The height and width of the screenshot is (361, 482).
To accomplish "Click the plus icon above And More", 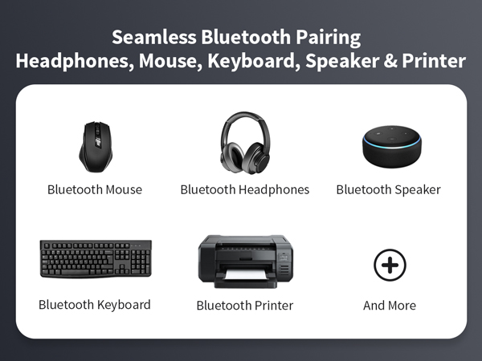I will click(x=390, y=264).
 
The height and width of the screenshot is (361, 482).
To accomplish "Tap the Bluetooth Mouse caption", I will click(x=95, y=190).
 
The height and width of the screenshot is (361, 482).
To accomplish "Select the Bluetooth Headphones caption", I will click(x=244, y=190).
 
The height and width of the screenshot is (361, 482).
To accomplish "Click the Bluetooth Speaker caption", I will click(x=389, y=190).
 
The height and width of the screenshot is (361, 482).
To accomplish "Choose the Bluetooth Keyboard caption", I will click(x=95, y=305).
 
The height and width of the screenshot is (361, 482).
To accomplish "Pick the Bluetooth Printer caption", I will click(x=245, y=306).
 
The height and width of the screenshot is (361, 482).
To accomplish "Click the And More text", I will click(x=390, y=306).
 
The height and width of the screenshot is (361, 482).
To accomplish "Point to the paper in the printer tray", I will click(x=245, y=277).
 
